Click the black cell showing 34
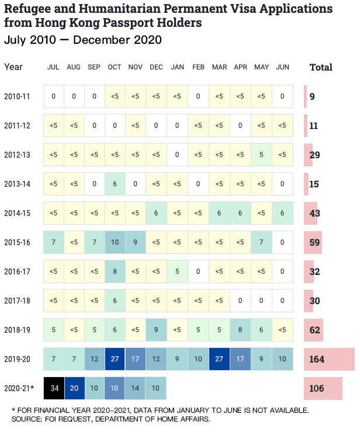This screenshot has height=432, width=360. tap(54, 388)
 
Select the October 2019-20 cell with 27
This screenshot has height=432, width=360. tap(115, 359)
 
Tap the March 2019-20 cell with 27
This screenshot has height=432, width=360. tap(219, 359)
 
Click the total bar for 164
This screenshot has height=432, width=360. tap(329, 359)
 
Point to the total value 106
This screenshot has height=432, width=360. tap(317, 388)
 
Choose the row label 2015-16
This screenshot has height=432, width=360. tap(17, 242)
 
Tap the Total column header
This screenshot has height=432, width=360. tap(321, 67)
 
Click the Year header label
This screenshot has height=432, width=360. tap(13, 67)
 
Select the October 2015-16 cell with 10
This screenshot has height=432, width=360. tap(115, 242)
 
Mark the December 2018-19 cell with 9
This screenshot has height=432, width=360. tap(156, 330)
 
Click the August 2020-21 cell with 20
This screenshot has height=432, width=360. tap(74, 388)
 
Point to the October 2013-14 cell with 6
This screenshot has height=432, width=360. tap(115, 184)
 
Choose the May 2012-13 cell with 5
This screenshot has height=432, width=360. tap(261, 155)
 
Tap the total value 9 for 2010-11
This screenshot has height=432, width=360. tap(312, 96)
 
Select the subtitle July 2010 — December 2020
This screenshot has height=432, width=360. tap(82, 40)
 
